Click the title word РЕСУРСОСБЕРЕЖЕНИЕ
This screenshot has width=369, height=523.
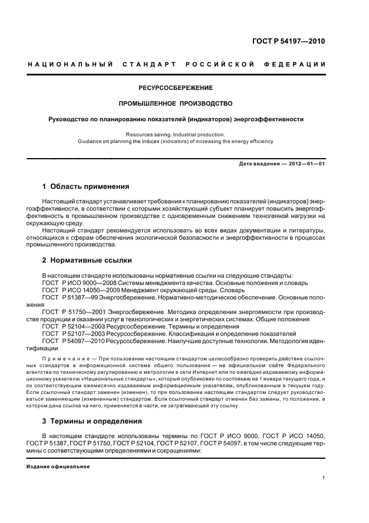click(176, 88)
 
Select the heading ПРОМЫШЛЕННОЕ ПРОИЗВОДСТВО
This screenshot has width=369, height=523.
click(176, 103)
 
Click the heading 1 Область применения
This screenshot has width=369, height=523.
click(85, 187)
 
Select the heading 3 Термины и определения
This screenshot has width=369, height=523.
click(92, 421)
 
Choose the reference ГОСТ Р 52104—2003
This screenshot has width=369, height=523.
click(73, 326)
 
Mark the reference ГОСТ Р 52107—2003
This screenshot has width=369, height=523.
click(73, 333)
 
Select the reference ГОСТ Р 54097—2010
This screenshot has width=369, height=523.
click(73, 340)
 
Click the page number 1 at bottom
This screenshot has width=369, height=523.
click(324, 478)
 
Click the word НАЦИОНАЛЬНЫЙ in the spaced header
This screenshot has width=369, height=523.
click(70, 65)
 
